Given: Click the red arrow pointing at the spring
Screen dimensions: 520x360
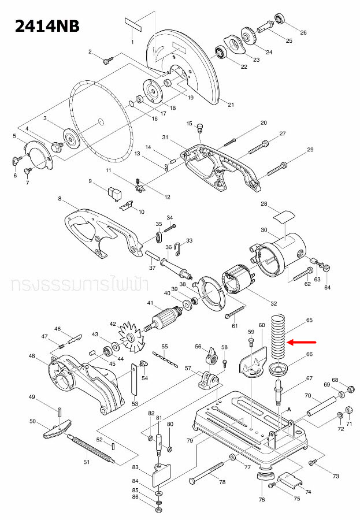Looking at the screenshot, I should (303, 342).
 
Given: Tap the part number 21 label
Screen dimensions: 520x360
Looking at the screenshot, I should (231, 105).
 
